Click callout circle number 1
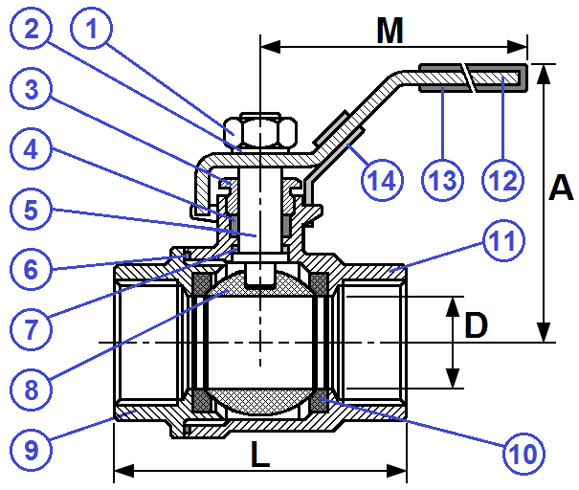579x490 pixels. [92, 31]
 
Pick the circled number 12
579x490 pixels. [504, 178]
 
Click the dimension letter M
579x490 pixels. [390, 31]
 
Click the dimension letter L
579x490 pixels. [259, 456]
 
